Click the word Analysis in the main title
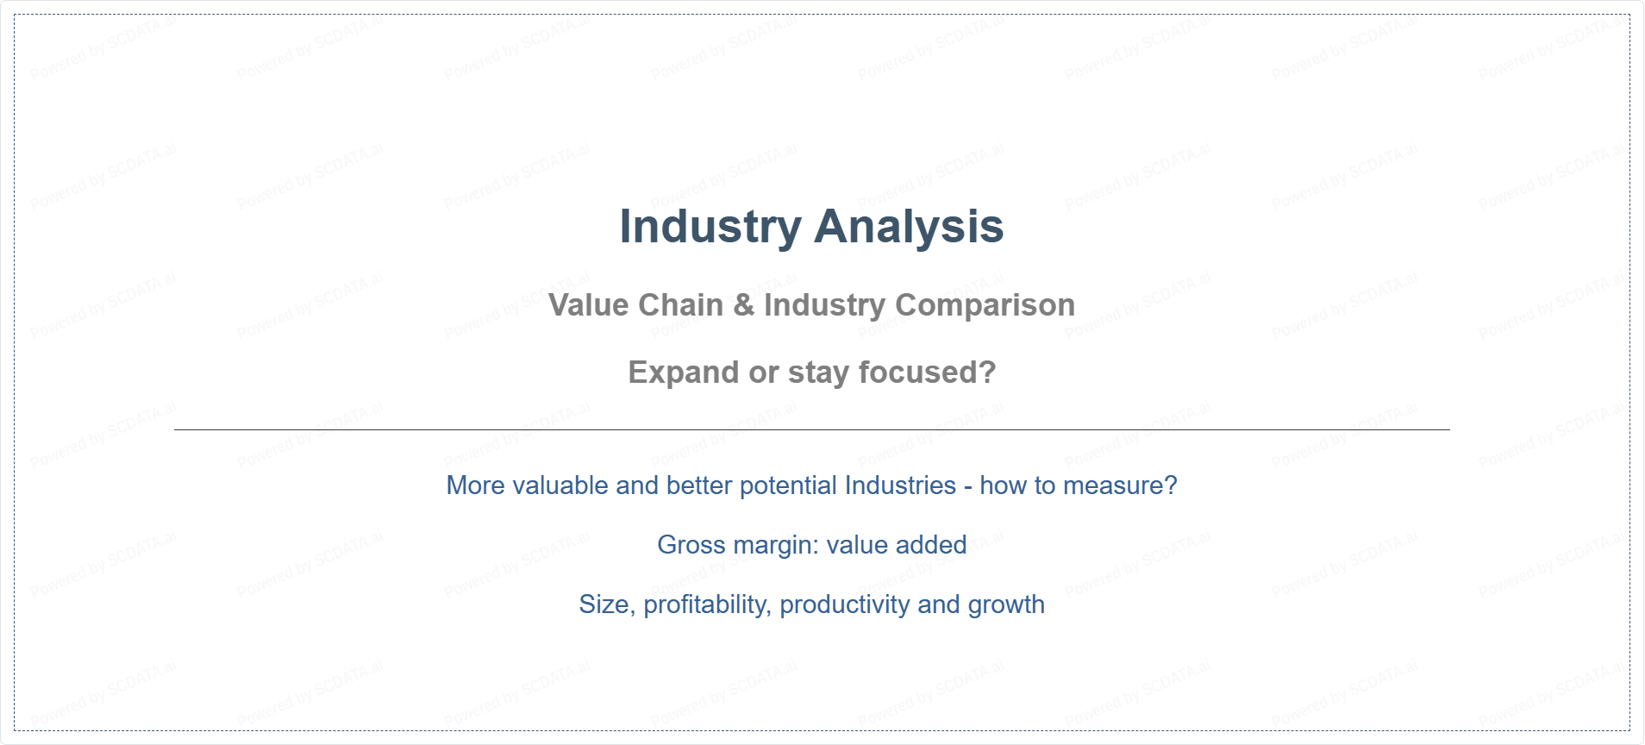909,228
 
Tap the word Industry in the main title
711,228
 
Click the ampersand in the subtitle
744,305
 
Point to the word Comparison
985,306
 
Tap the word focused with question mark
928,372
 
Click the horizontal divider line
812,429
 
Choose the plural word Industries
900,485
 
